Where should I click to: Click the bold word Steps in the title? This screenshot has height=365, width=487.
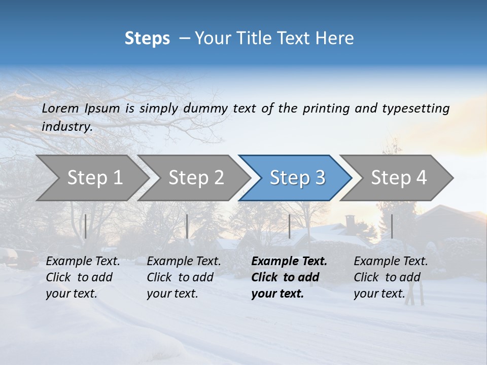pyautogui.click(x=147, y=39)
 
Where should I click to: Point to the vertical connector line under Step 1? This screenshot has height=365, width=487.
pyautogui.click(x=85, y=226)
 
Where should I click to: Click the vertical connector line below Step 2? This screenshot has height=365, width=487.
pyautogui.click(x=187, y=226)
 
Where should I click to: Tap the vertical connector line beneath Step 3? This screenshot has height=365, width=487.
pyautogui.click(x=289, y=226)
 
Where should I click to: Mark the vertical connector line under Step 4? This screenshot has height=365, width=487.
pyautogui.click(x=392, y=226)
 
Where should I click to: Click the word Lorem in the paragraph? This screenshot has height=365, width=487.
pyautogui.click(x=60, y=108)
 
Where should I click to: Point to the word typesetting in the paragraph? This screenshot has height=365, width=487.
pyautogui.click(x=415, y=108)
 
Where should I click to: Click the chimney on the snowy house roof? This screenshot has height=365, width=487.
pyautogui.click(x=350, y=222)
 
